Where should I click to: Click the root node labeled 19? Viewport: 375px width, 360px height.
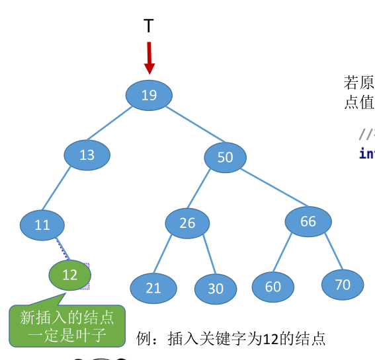tap(149, 95)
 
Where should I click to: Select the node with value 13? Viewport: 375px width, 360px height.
tap(87, 155)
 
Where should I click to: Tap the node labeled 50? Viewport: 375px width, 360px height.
tap(225, 157)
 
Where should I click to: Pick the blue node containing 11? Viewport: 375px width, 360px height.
tap(42, 225)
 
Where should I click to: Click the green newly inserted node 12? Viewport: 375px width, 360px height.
tap(70, 275)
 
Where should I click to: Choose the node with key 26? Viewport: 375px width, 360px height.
tap(187, 223)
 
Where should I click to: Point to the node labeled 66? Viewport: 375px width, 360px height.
tap(308, 222)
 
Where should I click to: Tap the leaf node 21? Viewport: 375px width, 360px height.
tap(153, 288)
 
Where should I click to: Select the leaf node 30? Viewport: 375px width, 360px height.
tap(216, 289)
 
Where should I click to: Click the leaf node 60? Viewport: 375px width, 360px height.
tap(273, 287)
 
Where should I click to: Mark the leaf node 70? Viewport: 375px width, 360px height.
tap(343, 285)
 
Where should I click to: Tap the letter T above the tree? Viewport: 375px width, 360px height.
tap(149, 26)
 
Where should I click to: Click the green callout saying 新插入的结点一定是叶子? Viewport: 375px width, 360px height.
tap(67, 326)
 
